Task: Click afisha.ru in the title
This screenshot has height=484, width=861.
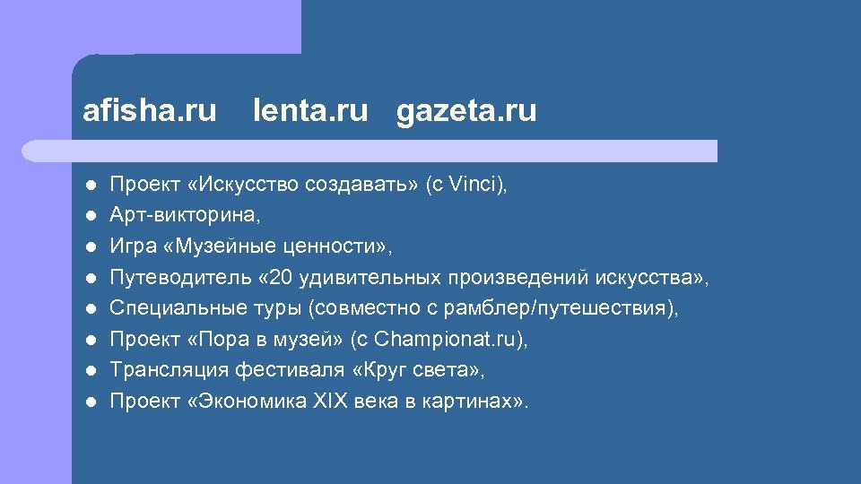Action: point(149,111)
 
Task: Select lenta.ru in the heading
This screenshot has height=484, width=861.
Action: point(310,111)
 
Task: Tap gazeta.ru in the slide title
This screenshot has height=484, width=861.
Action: point(466,111)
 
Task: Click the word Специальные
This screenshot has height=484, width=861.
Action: point(168,308)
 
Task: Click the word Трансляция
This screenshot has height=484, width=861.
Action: point(167,370)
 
